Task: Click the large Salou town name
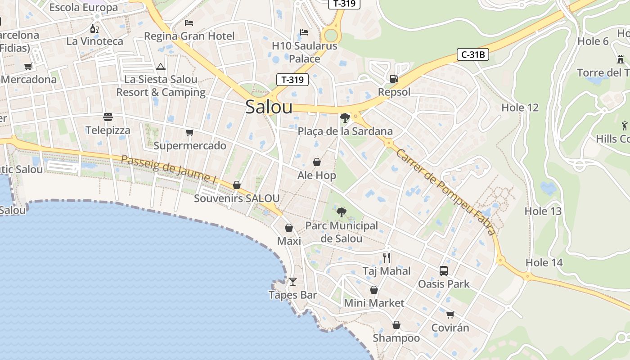point(269,107)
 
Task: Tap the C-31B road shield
point(472,55)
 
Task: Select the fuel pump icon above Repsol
point(394,79)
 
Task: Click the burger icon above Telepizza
point(108,117)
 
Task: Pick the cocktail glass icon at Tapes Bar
point(293,282)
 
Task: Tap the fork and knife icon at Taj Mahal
point(387,257)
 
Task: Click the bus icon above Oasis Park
point(444,270)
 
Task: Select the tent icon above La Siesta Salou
point(161,67)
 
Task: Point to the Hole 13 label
point(543,211)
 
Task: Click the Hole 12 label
point(520,108)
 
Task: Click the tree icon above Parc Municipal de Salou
point(341,212)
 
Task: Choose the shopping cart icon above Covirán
point(450,315)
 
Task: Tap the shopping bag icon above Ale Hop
point(317,162)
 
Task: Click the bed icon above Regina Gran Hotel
point(189,22)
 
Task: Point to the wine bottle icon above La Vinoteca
point(94,29)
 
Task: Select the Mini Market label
point(374,303)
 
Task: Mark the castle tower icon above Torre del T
point(621,59)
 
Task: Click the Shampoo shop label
point(396,338)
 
